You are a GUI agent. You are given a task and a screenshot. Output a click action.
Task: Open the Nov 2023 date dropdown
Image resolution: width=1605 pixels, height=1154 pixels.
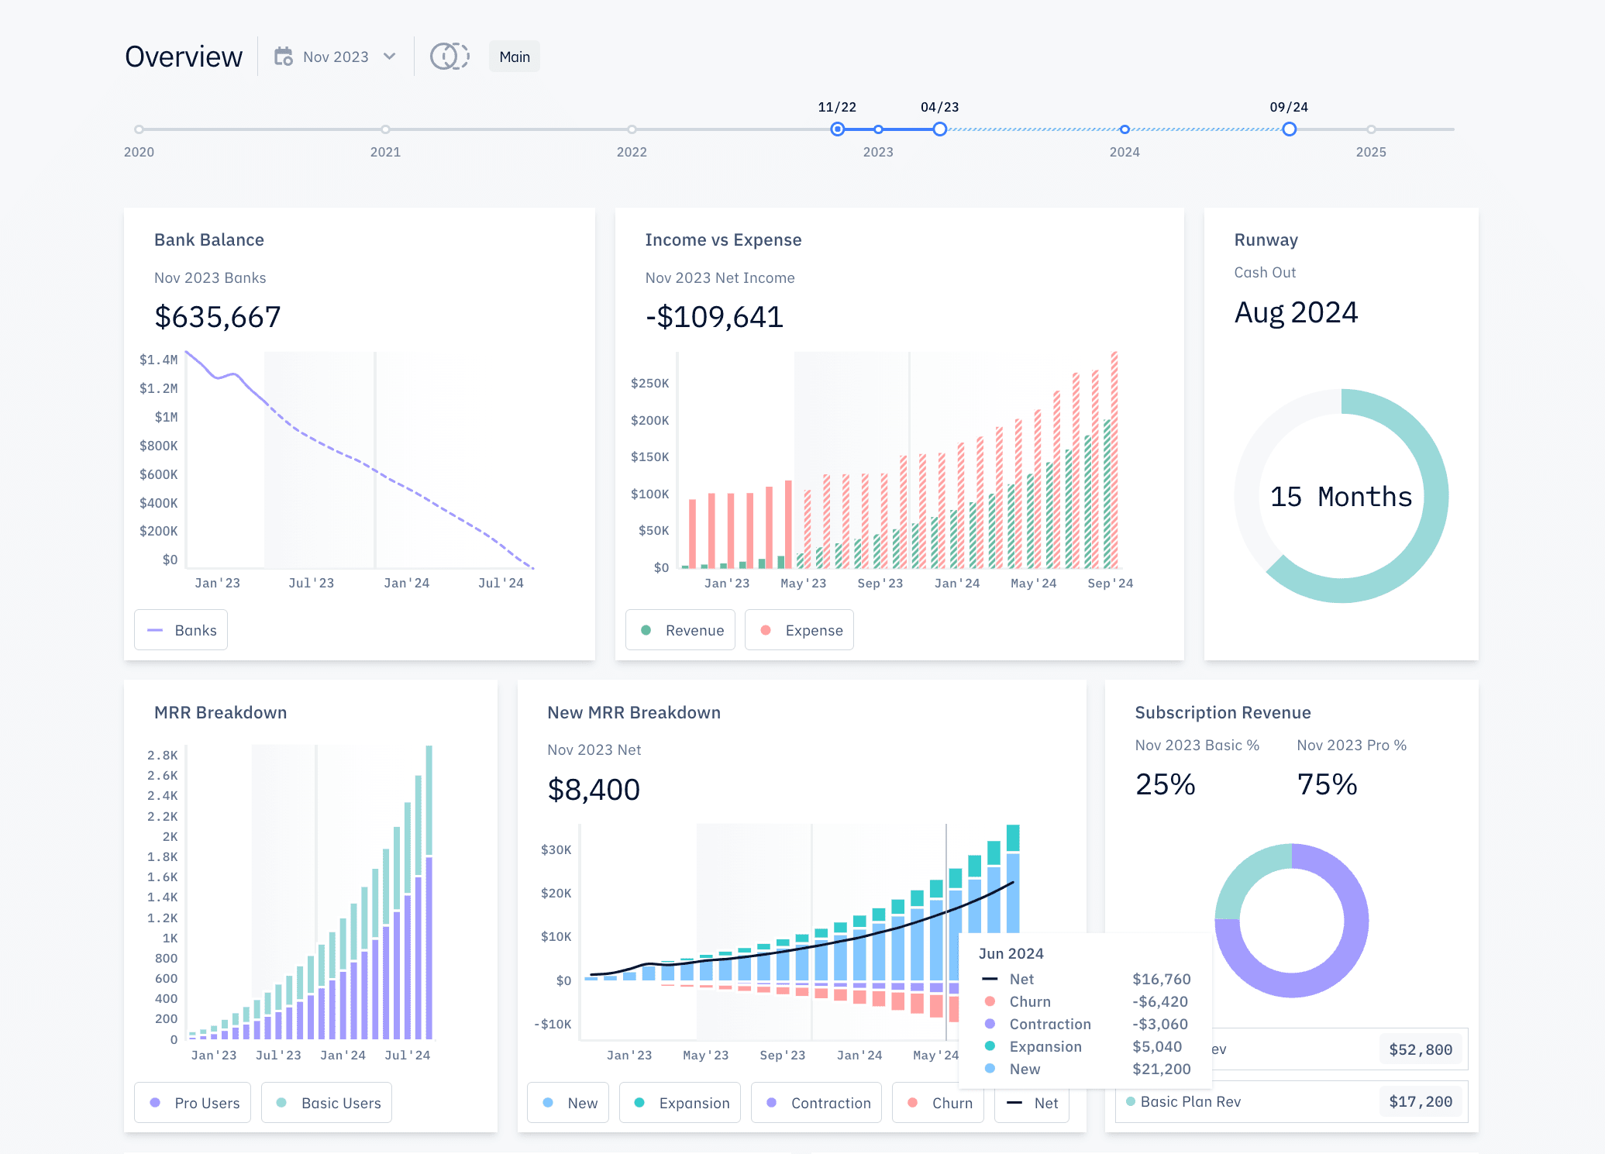tap(336, 57)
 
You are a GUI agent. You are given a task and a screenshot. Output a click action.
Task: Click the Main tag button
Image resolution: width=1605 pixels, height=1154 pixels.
tap(515, 57)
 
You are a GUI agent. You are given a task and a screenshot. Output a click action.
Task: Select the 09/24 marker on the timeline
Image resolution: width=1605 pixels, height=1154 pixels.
tap(1289, 129)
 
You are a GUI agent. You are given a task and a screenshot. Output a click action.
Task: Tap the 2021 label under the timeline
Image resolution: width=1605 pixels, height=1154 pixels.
tap(385, 152)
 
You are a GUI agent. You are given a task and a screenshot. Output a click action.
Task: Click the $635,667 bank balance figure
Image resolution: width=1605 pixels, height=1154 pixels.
tap(218, 317)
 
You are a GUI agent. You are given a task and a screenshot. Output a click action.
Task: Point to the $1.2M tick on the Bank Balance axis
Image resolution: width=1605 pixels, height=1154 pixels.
tap(158, 388)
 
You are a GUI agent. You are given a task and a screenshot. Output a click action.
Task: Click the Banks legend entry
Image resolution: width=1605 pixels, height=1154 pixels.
tap(181, 630)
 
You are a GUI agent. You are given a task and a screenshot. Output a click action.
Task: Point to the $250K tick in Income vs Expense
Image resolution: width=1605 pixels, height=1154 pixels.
tap(649, 383)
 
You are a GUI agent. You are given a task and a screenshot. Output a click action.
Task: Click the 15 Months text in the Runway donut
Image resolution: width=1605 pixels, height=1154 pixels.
tap(1341, 497)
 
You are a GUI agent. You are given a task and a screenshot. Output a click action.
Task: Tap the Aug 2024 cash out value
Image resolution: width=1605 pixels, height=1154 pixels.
tap(1296, 313)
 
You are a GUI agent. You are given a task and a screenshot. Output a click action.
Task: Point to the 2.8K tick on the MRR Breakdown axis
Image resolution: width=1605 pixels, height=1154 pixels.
tap(163, 755)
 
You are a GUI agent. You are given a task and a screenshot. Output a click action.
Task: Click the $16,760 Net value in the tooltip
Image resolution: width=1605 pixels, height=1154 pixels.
tap(1161, 979)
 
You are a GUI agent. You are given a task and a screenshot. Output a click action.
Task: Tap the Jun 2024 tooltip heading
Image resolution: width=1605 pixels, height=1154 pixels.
tap(1011, 953)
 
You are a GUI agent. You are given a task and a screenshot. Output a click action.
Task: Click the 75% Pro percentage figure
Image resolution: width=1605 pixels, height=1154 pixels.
tap(1327, 785)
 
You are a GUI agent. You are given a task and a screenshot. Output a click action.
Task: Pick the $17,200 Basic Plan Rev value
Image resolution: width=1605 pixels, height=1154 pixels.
tap(1420, 1101)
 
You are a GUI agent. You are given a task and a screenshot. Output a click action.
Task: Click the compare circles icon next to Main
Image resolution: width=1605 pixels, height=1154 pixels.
tap(449, 57)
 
